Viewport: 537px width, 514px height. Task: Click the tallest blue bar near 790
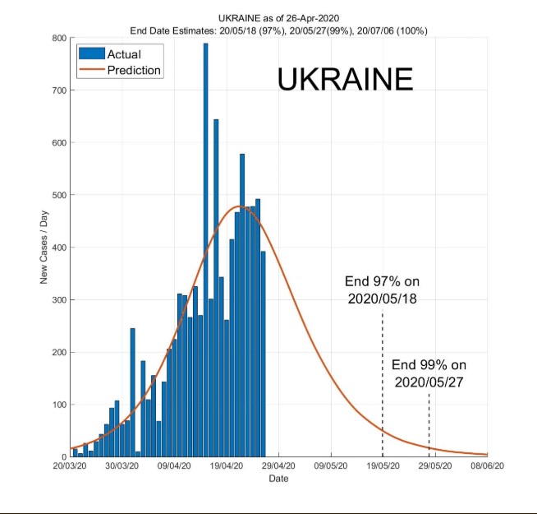(205, 247)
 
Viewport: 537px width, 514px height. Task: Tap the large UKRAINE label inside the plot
(345, 80)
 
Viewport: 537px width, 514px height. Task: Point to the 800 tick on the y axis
(58, 38)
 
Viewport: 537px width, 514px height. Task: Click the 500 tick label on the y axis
(58, 195)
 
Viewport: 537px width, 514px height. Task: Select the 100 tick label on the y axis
(58, 405)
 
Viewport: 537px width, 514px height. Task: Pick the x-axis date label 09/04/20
(174, 465)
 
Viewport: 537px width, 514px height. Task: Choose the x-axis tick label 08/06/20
(486, 465)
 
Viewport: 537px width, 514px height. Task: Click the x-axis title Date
(278, 478)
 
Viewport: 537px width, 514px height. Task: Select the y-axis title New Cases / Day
(44, 247)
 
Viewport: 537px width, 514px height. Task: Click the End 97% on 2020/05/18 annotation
(381, 290)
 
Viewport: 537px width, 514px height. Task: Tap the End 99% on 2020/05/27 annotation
(429, 373)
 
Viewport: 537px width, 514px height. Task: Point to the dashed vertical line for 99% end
(429, 424)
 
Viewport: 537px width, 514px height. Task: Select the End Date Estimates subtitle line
(278, 30)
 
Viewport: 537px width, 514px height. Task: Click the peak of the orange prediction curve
(240, 206)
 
